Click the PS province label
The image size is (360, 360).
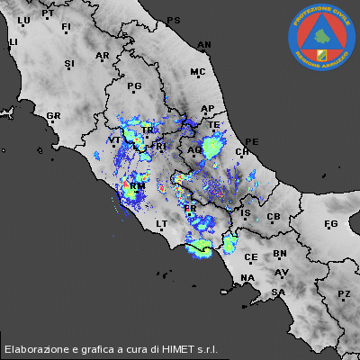tap(174, 20)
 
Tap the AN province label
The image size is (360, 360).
tap(204, 44)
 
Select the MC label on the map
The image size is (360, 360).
tap(198, 72)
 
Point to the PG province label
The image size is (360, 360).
tap(135, 86)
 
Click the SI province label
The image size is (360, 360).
tap(69, 63)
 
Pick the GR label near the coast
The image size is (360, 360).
tap(53, 116)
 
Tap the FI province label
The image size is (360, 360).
tap(66, 28)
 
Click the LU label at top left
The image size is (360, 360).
tap(23, 20)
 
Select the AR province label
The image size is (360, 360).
tap(102, 56)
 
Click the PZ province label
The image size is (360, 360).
tap(344, 294)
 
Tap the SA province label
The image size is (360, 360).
tap(279, 292)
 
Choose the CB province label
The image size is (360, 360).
tap(274, 218)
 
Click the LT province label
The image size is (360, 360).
tap(162, 223)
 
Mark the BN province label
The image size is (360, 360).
tap(280, 255)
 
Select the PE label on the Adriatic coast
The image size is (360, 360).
tap(252, 142)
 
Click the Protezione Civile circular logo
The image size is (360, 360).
tap(321, 37)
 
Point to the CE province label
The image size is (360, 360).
tap(251, 257)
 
